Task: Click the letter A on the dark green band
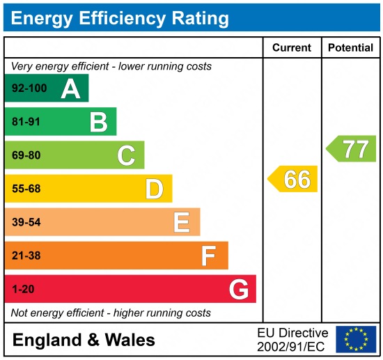pos(70,88)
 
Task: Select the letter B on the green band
pos(98,122)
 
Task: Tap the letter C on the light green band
pos(126,155)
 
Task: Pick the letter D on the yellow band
pos(154,189)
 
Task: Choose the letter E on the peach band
pos(182,222)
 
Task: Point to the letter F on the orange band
pos(209,256)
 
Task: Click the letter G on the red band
pos(238,289)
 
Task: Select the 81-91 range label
pos(26,122)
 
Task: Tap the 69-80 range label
pos(26,155)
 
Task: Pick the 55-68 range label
pos(26,189)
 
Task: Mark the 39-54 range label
pos(26,222)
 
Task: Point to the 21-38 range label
pos(26,256)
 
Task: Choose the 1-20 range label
pos(23,289)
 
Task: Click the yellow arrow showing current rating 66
pos(293,179)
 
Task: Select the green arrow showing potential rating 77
pos(352,149)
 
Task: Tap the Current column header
pos(292,48)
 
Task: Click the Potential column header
pos(350,48)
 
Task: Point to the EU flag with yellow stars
pos(355,339)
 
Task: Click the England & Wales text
pos(84,340)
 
